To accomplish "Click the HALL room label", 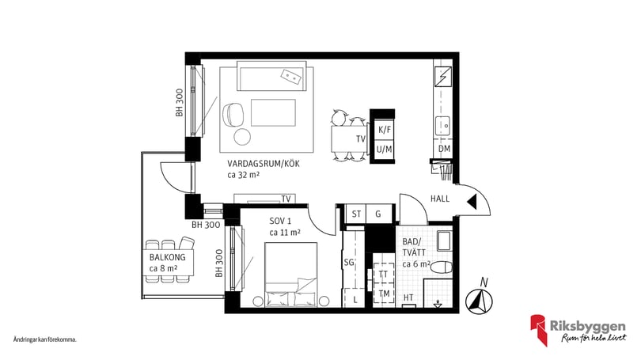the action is click(440, 199).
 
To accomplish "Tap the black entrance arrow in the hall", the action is click(472, 202).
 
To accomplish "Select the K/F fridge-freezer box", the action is click(385, 130).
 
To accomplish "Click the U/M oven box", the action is click(385, 150).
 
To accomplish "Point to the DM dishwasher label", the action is click(445, 149).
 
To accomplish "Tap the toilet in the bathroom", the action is click(442, 267).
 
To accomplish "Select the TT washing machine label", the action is click(383, 275).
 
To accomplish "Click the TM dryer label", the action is click(384, 294).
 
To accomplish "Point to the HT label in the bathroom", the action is click(408, 297).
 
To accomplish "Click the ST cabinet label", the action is click(356, 214).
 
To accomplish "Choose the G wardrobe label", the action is click(378, 214).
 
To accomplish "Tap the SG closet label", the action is click(349, 263).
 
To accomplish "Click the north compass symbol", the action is click(479, 301).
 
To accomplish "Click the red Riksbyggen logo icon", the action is click(539, 329).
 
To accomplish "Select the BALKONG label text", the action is click(167, 257).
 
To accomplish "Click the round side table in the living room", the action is click(242, 137).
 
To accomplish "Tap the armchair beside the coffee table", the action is click(233, 114).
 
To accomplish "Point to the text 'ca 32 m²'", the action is click(244, 175).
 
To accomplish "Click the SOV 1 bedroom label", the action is click(280, 221).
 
